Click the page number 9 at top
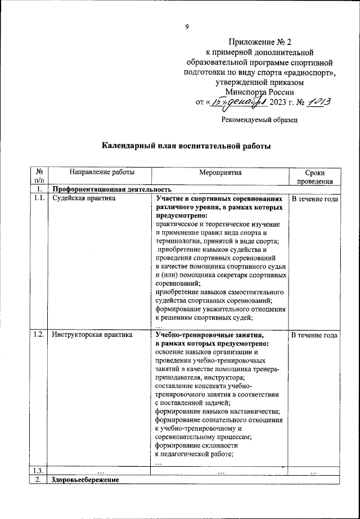click(187, 26)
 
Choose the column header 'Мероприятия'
click(219, 173)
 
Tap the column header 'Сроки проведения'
click(314, 177)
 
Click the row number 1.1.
click(39, 198)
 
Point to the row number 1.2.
click(39, 335)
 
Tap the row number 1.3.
click(39, 471)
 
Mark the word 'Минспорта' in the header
click(245, 92)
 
